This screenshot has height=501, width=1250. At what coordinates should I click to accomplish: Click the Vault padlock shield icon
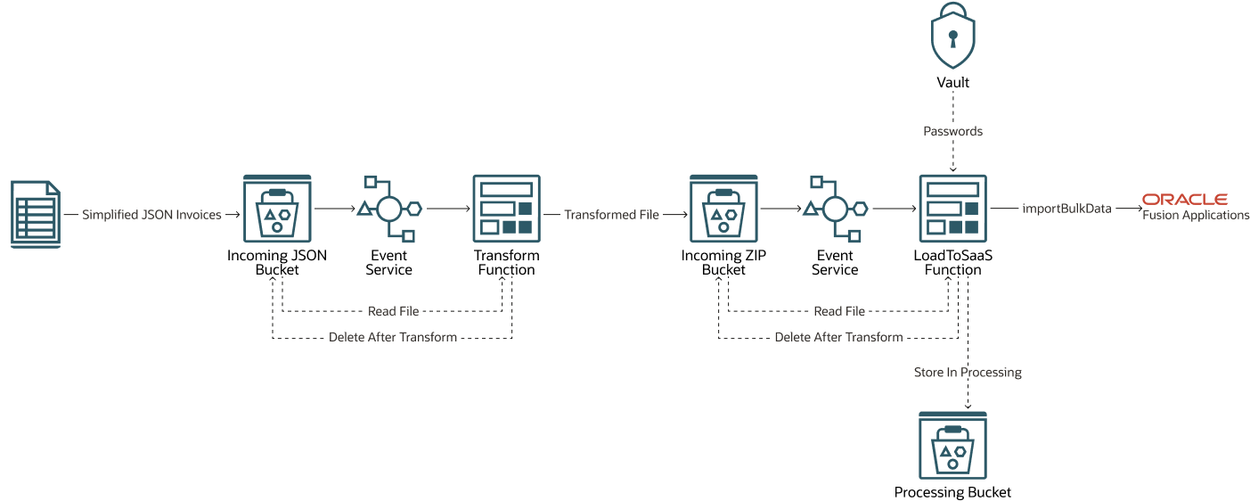[952, 36]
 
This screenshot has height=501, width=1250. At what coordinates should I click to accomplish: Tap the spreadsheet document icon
[36, 214]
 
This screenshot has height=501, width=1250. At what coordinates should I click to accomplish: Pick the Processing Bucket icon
[952, 445]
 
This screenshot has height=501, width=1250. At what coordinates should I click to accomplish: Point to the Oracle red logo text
[1185, 199]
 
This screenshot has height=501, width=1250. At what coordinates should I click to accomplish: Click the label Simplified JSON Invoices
[151, 215]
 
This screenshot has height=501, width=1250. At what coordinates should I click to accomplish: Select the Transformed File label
[611, 215]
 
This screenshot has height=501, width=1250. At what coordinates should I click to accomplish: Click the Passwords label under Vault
[952, 131]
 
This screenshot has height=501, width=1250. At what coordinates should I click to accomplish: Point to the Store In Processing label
[968, 372]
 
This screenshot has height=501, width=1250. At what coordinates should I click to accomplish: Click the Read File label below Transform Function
[393, 311]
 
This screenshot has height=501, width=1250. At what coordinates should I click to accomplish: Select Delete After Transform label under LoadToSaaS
[838, 337]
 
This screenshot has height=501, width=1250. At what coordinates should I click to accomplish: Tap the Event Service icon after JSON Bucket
[388, 209]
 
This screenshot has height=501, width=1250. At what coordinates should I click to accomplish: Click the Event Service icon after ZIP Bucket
[835, 209]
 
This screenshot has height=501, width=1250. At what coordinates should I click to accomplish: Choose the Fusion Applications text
[1196, 215]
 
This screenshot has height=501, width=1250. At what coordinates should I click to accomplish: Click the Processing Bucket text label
[952, 492]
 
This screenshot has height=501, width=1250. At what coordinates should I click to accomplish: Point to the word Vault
[952, 82]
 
